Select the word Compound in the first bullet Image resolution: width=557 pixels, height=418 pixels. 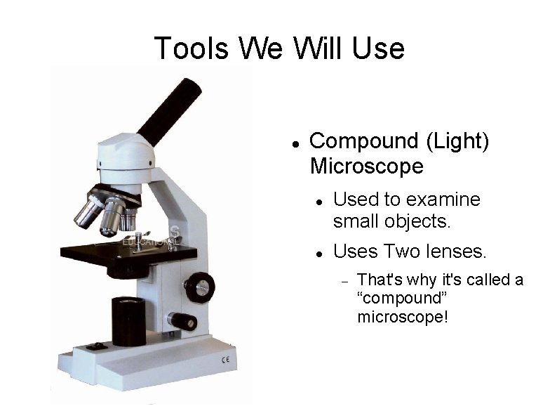[364, 141]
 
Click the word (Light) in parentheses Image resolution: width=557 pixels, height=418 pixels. [457, 141]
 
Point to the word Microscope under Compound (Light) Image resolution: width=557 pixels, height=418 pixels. [366, 166]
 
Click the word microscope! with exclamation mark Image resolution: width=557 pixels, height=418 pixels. [402, 317]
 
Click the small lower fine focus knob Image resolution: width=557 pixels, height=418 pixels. [186, 320]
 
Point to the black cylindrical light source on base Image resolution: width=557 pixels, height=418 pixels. [128, 321]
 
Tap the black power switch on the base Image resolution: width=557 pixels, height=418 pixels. [95, 346]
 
